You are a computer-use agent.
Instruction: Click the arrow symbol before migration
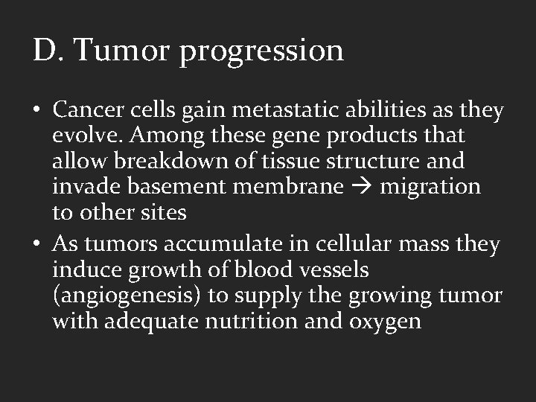click(362, 187)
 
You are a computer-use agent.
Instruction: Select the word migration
click(430, 186)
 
